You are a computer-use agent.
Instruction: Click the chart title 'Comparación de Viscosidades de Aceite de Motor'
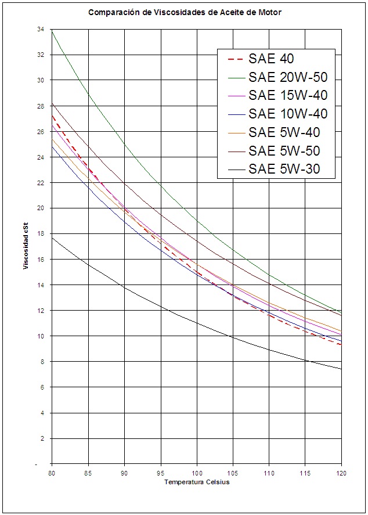coord(185,13)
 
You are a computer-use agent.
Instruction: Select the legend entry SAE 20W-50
coord(288,77)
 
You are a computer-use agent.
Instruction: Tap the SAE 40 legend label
coord(271,59)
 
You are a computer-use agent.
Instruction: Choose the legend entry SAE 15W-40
coord(288,96)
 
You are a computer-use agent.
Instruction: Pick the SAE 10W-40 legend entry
coord(288,114)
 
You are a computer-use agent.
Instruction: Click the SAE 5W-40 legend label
coord(284,132)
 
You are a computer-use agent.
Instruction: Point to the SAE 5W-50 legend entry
coord(284,151)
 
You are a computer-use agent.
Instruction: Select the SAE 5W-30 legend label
coord(284,169)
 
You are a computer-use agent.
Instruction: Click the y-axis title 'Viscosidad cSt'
coord(26,246)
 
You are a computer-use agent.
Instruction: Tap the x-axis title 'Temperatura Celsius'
coord(197,482)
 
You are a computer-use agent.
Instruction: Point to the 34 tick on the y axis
coord(41,29)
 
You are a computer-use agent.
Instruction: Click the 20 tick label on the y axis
coord(41,208)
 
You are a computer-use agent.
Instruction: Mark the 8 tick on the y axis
coord(42,362)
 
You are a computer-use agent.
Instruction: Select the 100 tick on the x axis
coord(197,474)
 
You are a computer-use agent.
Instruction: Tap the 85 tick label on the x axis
coord(88,474)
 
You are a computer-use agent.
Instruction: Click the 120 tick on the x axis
coord(341,474)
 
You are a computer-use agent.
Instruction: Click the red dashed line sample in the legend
coord(236,59)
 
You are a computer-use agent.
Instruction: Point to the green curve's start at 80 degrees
coord(52,30)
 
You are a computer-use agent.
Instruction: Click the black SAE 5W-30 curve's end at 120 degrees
coord(341,369)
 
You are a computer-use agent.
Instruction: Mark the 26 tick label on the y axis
coord(41,131)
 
